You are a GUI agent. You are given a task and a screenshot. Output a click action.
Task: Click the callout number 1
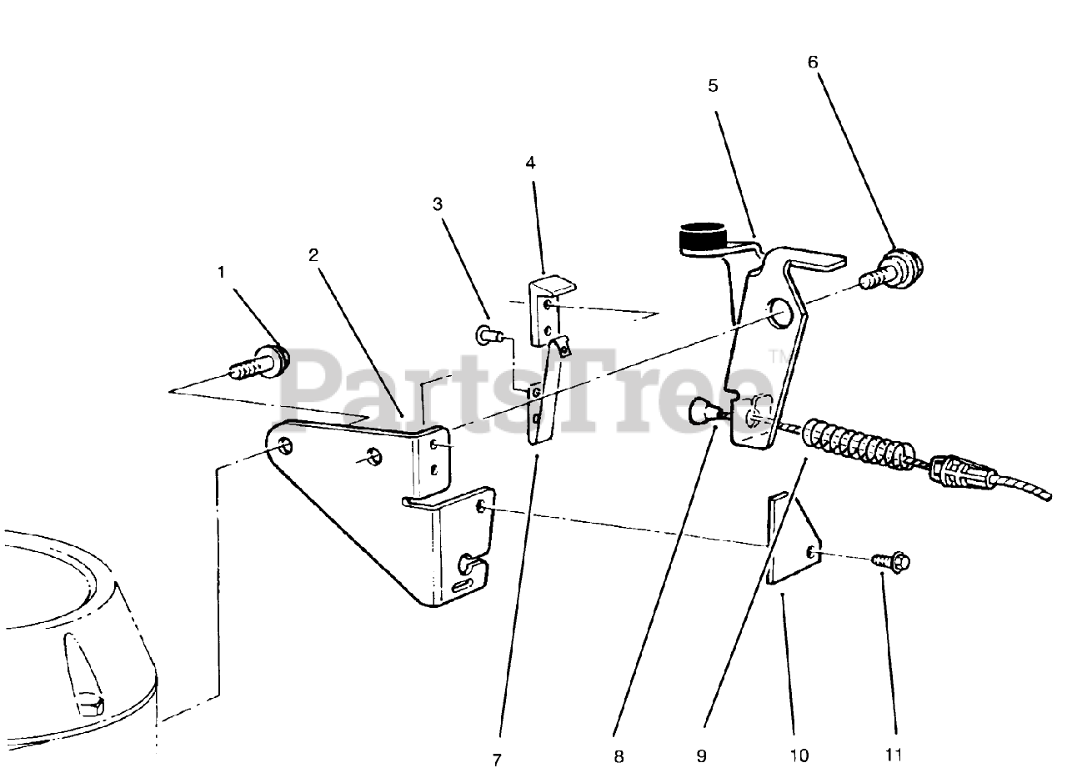tap(221, 273)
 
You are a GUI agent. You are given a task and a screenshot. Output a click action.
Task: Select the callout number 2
tap(313, 255)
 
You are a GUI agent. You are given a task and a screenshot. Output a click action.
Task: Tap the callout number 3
tap(437, 203)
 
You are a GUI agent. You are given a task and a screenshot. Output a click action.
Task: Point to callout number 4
tap(530, 163)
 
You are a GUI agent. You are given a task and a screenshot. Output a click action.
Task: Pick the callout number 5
tap(713, 85)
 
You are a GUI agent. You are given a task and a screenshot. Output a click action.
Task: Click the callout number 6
tap(813, 62)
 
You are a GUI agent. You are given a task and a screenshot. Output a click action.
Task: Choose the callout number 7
tap(497, 760)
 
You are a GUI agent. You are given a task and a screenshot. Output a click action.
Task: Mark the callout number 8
tap(618, 756)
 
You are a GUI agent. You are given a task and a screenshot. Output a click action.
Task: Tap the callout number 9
tap(701, 756)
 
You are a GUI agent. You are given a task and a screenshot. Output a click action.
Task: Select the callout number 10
tap(798, 756)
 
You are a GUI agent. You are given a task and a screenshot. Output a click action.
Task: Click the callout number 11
tap(893, 756)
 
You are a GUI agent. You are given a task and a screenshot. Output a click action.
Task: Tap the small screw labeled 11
tap(891, 563)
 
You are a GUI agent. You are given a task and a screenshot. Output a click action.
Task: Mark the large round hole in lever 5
tap(782, 313)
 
